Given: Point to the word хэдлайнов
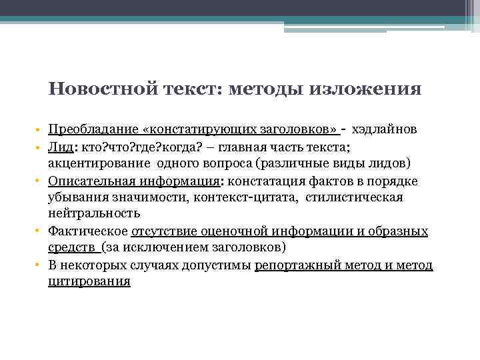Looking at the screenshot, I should click(x=384, y=130).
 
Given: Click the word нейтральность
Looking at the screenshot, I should click(x=94, y=214).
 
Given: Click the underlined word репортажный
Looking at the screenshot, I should click(x=295, y=265).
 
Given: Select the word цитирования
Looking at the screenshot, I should click(x=89, y=282).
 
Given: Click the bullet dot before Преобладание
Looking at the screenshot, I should click(x=40, y=130).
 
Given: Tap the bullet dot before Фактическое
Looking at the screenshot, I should click(x=40, y=231).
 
